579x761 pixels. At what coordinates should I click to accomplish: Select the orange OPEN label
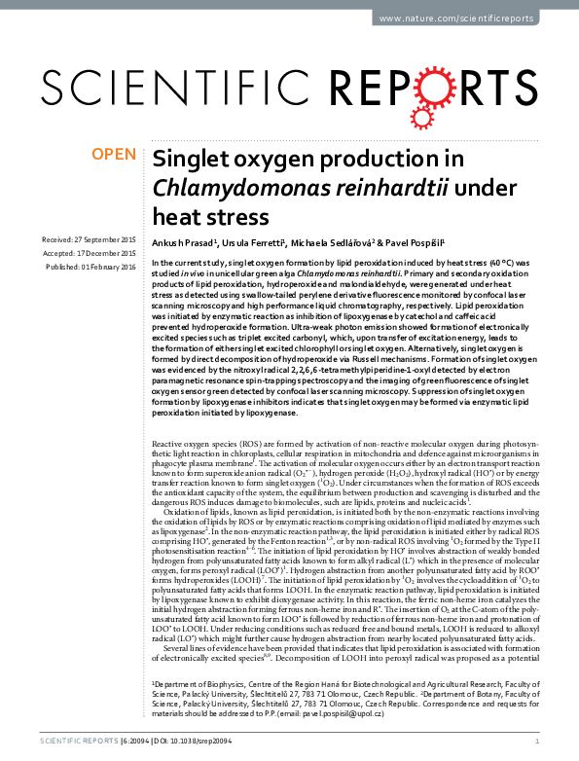point(113,154)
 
